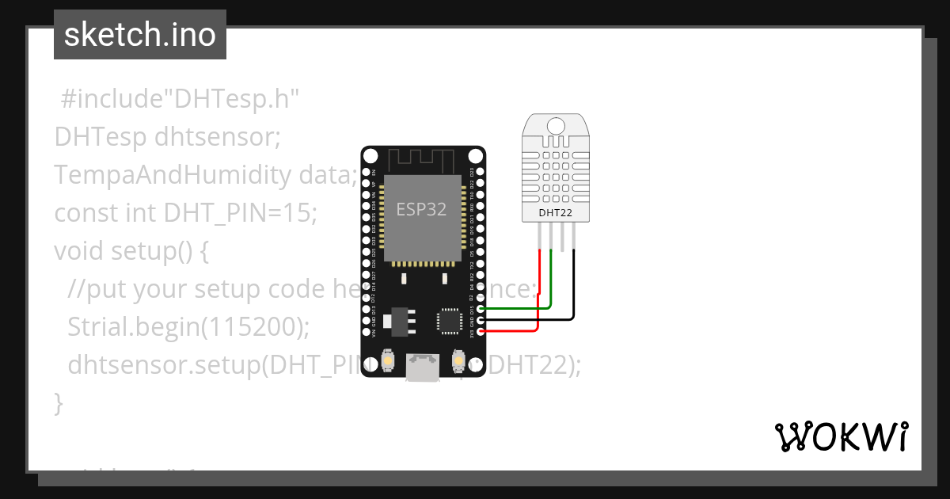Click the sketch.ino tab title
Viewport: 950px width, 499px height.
tap(140, 36)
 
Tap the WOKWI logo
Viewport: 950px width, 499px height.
tap(840, 436)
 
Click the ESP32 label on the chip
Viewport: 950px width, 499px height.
tap(421, 210)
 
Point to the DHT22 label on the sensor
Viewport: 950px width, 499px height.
tap(555, 212)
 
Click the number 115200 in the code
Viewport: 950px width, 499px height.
tap(251, 326)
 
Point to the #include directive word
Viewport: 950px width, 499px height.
tap(106, 99)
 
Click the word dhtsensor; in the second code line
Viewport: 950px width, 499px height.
tap(218, 137)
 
